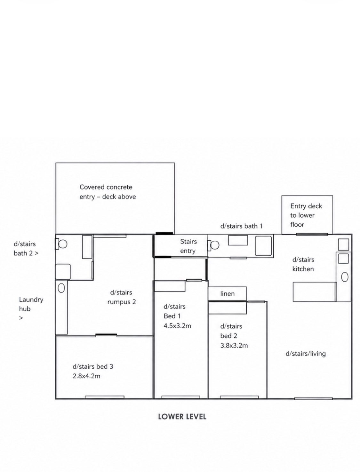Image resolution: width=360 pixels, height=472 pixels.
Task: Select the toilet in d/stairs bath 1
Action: tap(213, 245)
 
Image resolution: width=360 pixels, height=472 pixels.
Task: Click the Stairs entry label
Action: tap(188, 246)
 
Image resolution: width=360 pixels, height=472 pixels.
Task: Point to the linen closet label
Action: tap(227, 293)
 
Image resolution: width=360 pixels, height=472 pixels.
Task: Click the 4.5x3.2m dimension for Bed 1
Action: tap(177, 326)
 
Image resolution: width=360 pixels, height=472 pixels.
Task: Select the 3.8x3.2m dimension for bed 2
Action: tap(234, 346)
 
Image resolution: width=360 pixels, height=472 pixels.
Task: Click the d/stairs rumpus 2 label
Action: tap(122, 297)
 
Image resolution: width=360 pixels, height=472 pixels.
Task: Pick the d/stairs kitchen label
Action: tap(303, 264)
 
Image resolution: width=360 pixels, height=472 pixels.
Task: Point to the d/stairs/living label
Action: tap(306, 354)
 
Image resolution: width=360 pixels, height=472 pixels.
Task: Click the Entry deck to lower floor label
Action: tap(306, 215)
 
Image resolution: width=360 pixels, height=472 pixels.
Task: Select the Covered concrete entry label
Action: tap(108, 192)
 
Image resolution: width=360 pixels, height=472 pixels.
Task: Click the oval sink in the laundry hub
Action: tap(61, 288)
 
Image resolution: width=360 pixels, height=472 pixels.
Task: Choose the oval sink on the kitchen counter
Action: tap(345, 277)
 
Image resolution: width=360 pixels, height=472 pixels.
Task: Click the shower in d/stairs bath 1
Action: tap(263, 246)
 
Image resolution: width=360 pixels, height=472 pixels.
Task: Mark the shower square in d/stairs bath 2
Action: tap(63, 272)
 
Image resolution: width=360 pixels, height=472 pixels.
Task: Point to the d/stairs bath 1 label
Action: tap(242, 226)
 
